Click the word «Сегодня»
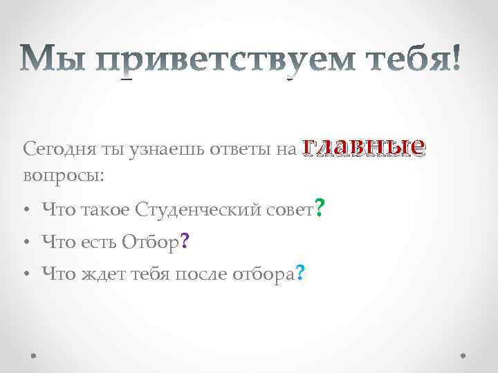coord(54,149)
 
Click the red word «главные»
coord(363,146)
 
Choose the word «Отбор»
coord(149,241)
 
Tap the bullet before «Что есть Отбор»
coord(26,242)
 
